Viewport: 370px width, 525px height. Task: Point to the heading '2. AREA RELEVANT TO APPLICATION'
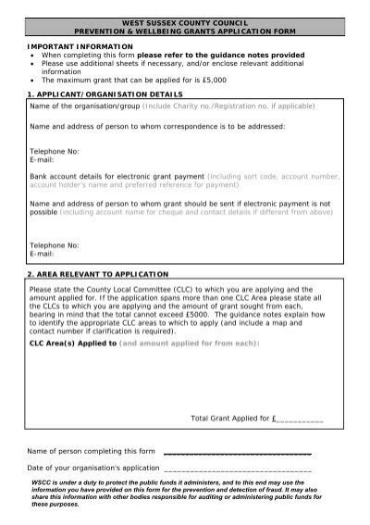[97, 274]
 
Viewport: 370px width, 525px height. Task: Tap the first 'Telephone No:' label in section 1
[55, 149]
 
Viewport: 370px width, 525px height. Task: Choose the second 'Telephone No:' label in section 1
[55, 244]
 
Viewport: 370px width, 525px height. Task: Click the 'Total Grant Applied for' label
[229, 419]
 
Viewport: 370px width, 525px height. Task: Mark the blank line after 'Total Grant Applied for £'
[300, 420]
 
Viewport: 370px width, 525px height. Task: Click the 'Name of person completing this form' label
[92, 451]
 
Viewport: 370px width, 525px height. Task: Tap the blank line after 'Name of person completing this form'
[236, 454]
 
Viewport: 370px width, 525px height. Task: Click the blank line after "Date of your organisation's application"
[236, 470]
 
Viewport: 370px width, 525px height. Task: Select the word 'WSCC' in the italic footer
[42, 482]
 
